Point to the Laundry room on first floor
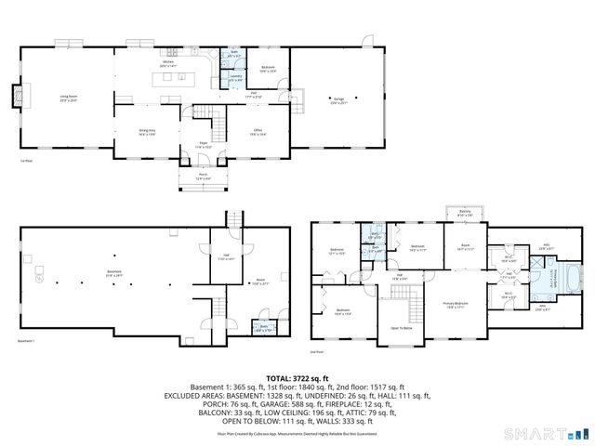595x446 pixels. point(235,78)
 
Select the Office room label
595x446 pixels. point(258,133)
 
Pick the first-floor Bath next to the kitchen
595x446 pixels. point(235,56)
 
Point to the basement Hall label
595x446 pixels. point(226,257)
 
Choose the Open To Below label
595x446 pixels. point(402,327)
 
